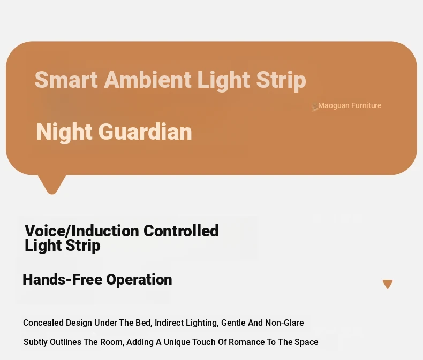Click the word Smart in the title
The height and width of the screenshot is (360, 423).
[66, 80]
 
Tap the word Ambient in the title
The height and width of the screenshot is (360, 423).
[148, 80]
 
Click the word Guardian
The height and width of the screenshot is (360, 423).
[145, 132]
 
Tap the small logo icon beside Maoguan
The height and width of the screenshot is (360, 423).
[314, 106]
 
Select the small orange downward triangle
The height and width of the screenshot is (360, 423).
[388, 284]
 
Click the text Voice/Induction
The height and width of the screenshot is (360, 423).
[82, 231]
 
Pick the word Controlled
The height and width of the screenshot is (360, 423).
[181, 231]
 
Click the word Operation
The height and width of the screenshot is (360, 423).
[139, 279]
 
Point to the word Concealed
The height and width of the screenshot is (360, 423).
[43, 323]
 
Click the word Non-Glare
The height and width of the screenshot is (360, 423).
[285, 323]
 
